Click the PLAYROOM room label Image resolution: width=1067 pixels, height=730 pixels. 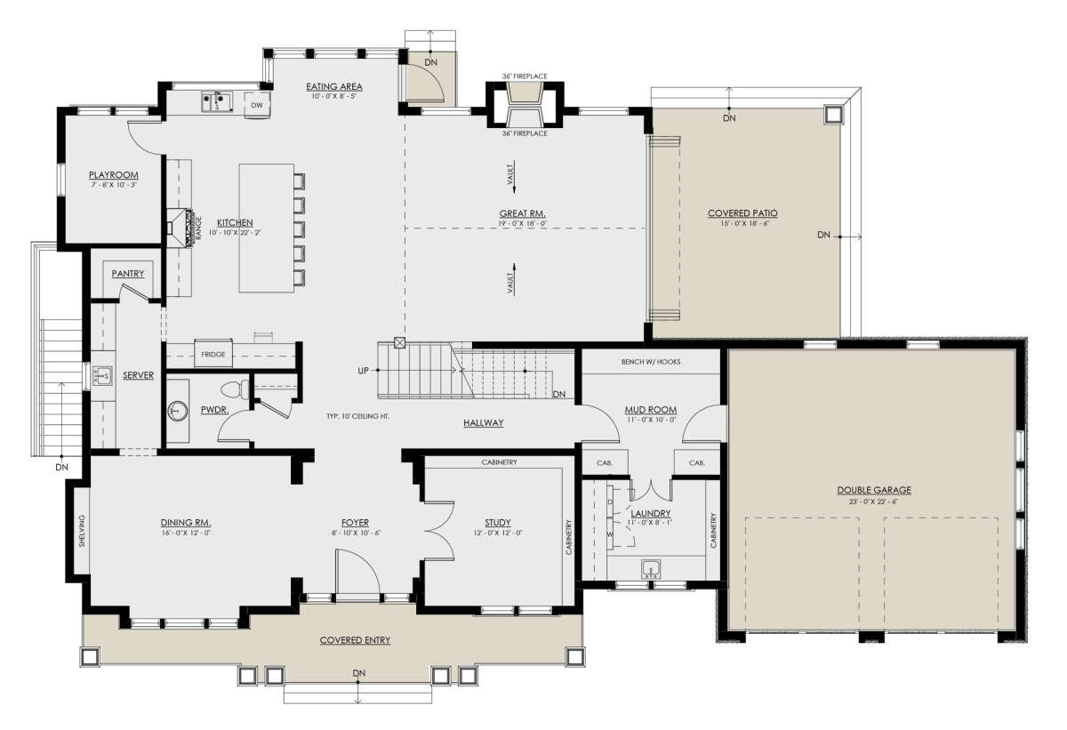(x=113, y=174)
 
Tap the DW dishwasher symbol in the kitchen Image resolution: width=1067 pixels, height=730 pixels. (x=256, y=105)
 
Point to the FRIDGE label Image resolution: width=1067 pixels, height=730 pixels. (x=213, y=354)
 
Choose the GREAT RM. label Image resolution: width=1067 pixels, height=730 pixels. (x=522, y=213)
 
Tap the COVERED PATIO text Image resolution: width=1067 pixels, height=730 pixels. (x=742, y=213)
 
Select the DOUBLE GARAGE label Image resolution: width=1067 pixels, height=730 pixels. (x=873, y=490)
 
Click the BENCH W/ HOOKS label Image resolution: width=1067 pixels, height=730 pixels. (x=650, y=363)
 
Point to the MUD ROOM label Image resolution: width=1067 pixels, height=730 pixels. (x=651, y=410)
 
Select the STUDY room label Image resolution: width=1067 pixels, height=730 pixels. (x=497, y=523)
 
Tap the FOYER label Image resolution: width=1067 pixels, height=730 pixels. (x=355, y=523)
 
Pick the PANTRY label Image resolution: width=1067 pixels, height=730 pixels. (x=128, y=274)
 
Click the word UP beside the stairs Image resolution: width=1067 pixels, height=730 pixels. (x=364, y=370)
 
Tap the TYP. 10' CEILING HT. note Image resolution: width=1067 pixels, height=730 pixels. (x=360, y=416)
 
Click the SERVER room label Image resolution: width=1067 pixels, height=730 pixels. (x=138, y=376)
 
